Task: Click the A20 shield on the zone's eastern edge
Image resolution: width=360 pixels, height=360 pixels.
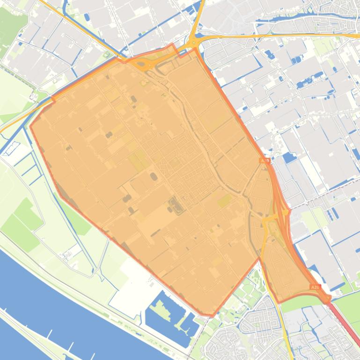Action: [264, 160]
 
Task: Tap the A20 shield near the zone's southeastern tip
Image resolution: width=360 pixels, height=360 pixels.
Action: [315, 287]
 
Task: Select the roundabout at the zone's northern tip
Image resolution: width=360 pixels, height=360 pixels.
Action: [193, 43]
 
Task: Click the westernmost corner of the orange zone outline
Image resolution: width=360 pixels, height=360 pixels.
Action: [30, 125]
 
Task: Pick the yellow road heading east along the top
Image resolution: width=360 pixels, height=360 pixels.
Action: [281, 36]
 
